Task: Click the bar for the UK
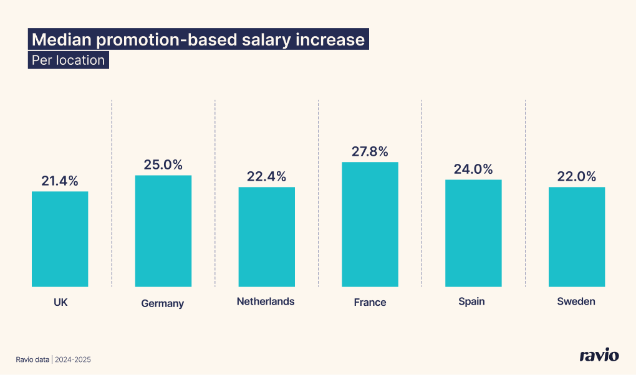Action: point(60,239)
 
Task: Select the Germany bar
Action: point(163,230)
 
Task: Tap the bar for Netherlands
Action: point(266,237)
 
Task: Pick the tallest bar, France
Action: point(370,224)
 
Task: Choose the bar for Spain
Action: point(473,233)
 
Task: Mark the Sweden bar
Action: point(577,237)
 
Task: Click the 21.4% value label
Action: point(60,181)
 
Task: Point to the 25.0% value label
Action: point(163,165)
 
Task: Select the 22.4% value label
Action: point(266,177)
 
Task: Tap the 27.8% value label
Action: point(370,151)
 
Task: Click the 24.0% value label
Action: point(473,169)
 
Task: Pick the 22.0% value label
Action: point(577,177)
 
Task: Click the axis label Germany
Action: point(163,304)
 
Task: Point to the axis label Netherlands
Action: point(266,301)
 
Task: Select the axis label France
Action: point(370,302)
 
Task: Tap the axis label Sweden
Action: point(576,301)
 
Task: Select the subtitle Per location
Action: point(68,60)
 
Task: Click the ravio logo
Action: point(599,356)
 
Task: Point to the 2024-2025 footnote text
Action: point(74,359)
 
